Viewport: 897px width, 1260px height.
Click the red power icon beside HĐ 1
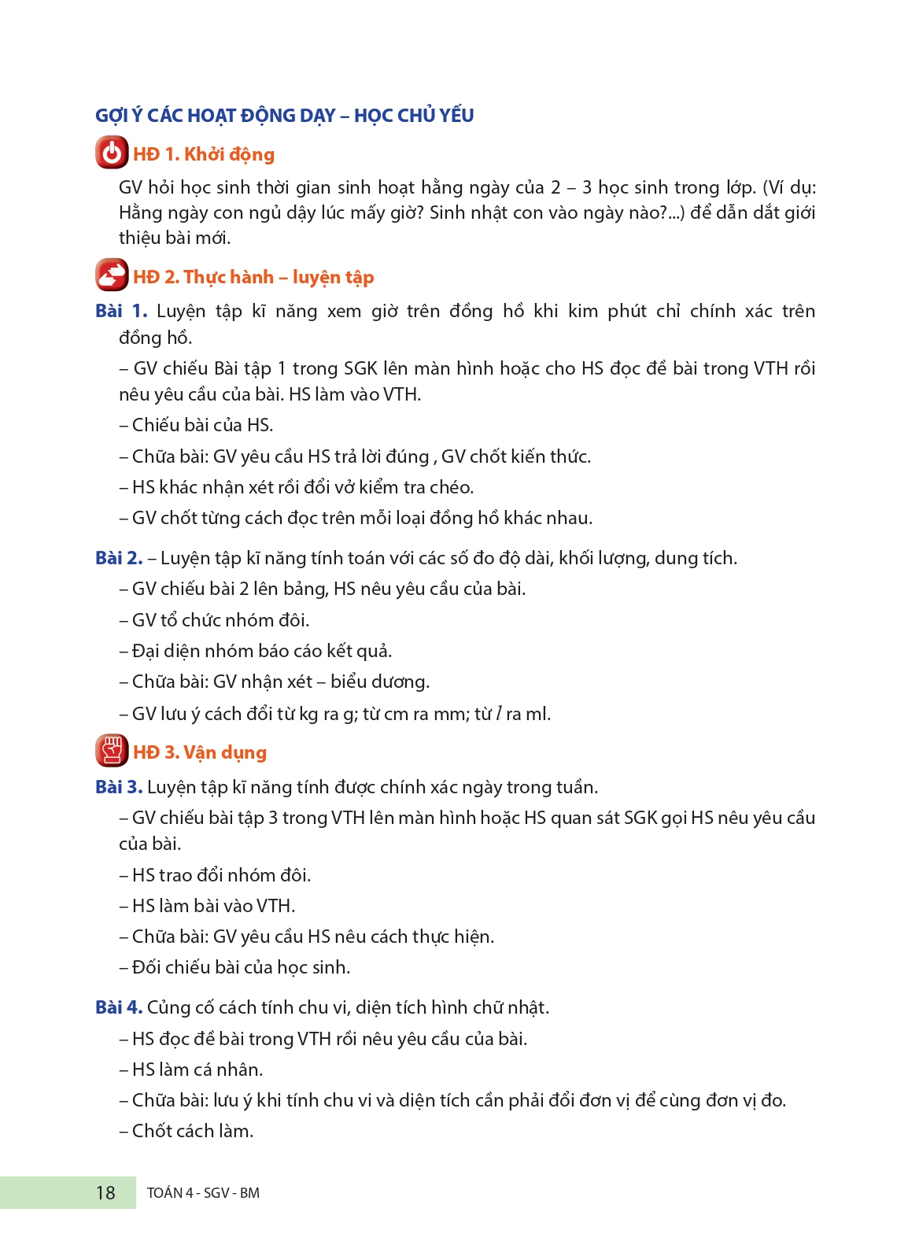(112, 153)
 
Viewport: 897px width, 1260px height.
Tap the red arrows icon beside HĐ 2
(112, 275)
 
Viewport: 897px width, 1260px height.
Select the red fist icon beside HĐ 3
(112, 751)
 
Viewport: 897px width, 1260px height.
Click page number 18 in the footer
(105, 1193)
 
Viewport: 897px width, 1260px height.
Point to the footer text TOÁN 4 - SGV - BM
(203, 1193)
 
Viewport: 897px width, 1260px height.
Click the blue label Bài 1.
(121, 311)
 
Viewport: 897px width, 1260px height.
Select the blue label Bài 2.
(119, 558)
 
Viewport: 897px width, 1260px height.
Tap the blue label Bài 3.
(119, 787)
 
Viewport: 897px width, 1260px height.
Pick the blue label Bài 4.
(119, 1007)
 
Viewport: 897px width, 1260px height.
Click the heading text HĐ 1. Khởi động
(204, 154)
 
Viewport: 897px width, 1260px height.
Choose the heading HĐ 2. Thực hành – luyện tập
(253, 277)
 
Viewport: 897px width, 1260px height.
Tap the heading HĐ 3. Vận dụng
(200, 752)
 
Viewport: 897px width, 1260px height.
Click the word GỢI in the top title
(112, 116)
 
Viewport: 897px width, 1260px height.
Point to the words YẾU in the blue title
(456, 116)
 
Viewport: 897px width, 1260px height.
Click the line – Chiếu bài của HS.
(196, 425)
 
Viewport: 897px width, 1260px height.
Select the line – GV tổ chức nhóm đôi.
(214, 620)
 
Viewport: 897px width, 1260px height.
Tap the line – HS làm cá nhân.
(191, 1070)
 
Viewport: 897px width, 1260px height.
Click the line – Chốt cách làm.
(186, 1131)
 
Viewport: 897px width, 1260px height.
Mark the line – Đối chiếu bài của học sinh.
(234, 967)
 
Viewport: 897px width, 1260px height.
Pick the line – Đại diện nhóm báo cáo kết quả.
(256, 651)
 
